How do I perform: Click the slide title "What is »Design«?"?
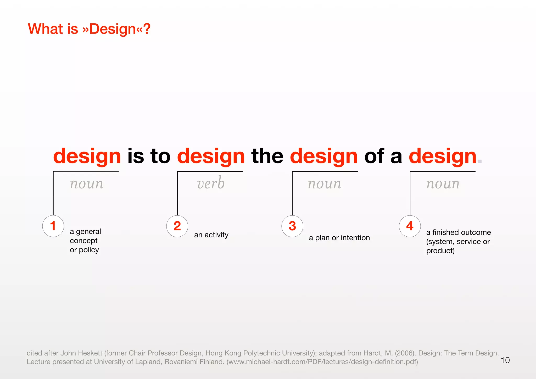pos(89,29)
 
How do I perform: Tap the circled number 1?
pos(53,226)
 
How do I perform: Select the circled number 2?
pos(177,226)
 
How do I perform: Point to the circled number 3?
pos(292,226)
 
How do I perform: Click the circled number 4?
pos(410,226)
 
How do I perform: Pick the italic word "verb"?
pos(211,183)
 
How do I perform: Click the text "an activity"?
pos(211,235)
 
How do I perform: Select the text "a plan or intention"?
pos(339,238)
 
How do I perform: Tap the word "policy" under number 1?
pos(89,250)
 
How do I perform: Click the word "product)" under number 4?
pos(440,251)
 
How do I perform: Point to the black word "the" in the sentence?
pos(267,156)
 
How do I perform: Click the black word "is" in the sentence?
pos(136,156)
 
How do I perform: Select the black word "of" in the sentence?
pos(374,156)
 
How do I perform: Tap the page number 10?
pos(505,360)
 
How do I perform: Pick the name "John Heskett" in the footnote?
pos(81,353)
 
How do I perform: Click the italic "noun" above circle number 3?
pos(325,183)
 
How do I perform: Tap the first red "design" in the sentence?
pos(87,157)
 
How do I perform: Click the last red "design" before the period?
pos(442,157)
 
